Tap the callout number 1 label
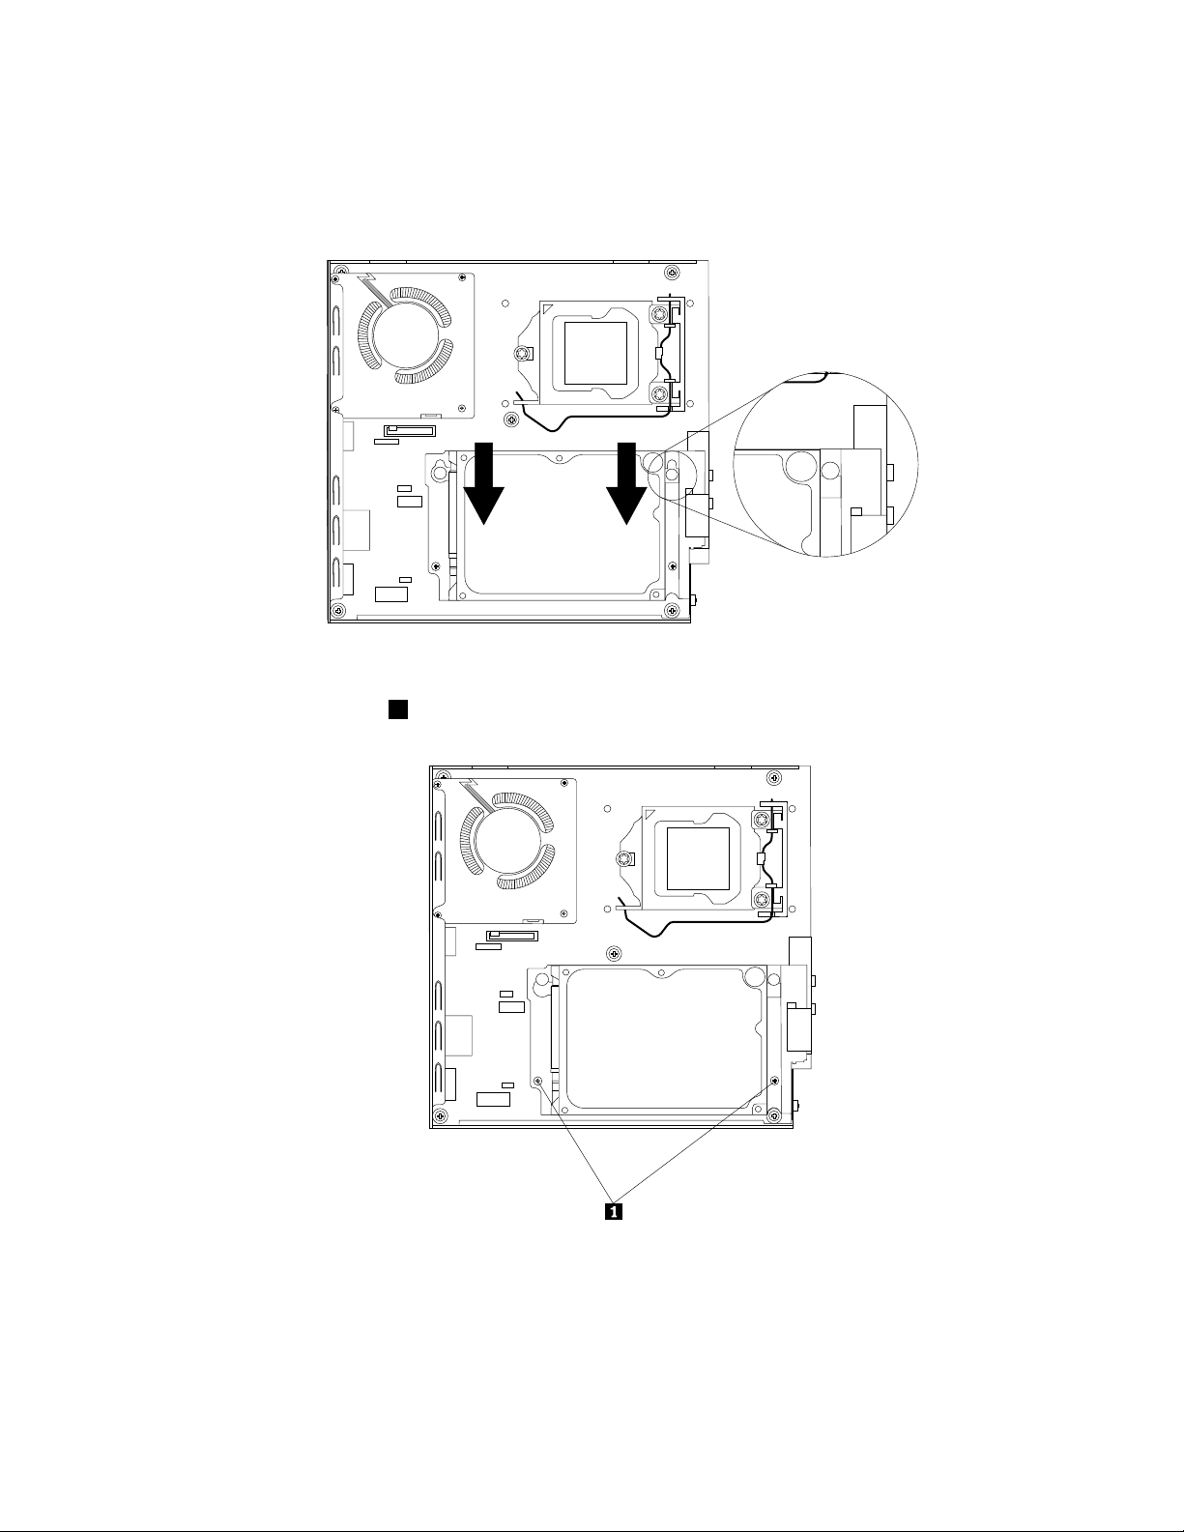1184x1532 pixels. point(614,1211)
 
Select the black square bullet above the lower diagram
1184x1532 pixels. point(398,709)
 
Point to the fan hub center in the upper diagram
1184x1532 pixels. point(404,337)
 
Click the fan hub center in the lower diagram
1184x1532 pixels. point(506,843)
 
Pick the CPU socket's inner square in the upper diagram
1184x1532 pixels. point(595,353)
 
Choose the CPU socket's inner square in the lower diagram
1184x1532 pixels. point(698,858)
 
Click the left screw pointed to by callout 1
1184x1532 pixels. point(537,1081)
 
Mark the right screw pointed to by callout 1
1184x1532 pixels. point(775,1080)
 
